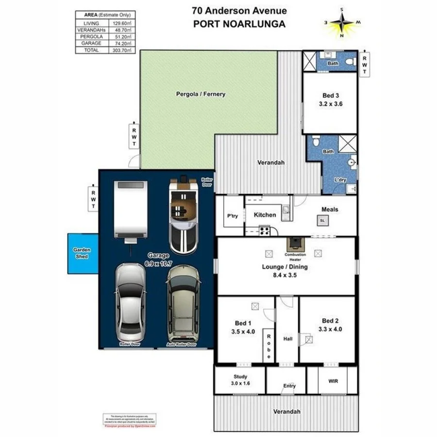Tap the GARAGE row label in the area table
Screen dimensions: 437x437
click(x=91, y=43)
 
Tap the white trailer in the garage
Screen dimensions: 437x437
click(x=130, y=210)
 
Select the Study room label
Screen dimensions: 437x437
click(x=240, y=376)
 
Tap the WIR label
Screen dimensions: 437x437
click(x=333, y=381)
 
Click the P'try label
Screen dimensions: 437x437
click(x=232, y=217)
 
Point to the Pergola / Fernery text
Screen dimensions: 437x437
click(x=201, y=94)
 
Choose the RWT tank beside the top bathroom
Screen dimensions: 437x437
click(x=364, y=64)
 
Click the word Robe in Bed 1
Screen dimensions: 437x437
click(x=268, y=345)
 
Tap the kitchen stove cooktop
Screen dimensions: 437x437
click(x=265, y=231)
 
